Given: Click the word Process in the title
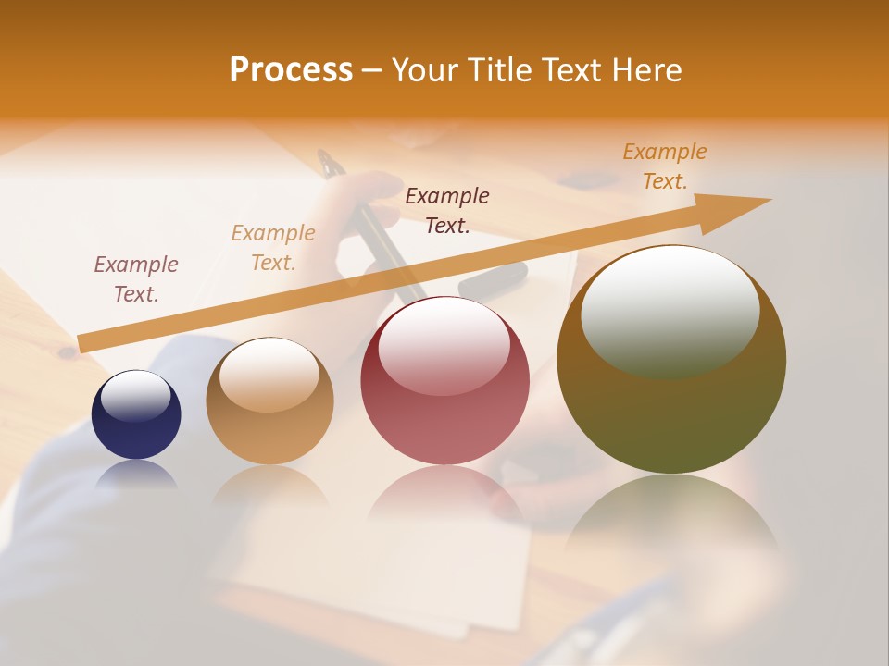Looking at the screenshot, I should point(291,70).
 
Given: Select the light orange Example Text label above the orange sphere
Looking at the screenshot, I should point(273,248).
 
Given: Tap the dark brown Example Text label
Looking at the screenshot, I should point(447,211).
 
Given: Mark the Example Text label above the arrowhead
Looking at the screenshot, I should point(665,166).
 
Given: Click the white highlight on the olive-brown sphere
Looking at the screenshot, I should point(670,310).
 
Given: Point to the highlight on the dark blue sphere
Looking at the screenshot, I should point(136,396).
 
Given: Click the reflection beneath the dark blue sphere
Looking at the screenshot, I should point(136,475).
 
